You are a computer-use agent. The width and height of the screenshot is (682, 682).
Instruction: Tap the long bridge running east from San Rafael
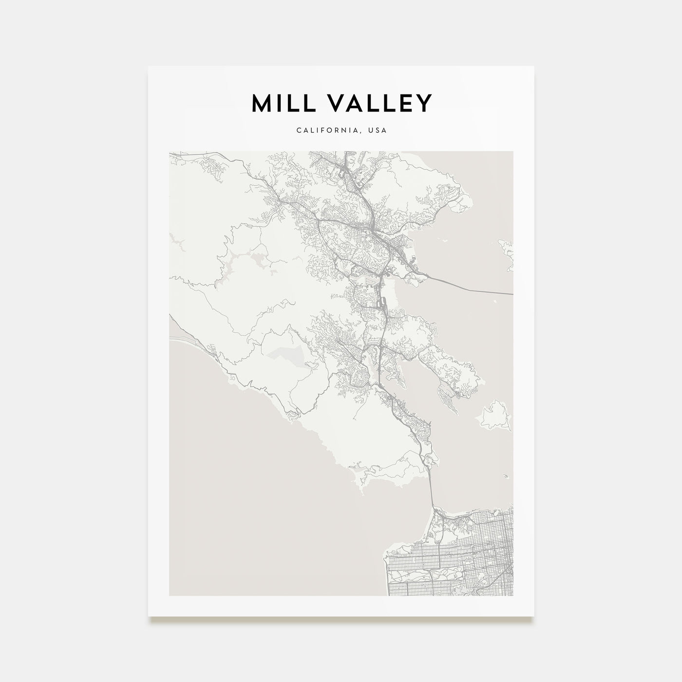click(468, 288)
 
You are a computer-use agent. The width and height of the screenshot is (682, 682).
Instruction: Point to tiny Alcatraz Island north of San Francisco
click(507, 477)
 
